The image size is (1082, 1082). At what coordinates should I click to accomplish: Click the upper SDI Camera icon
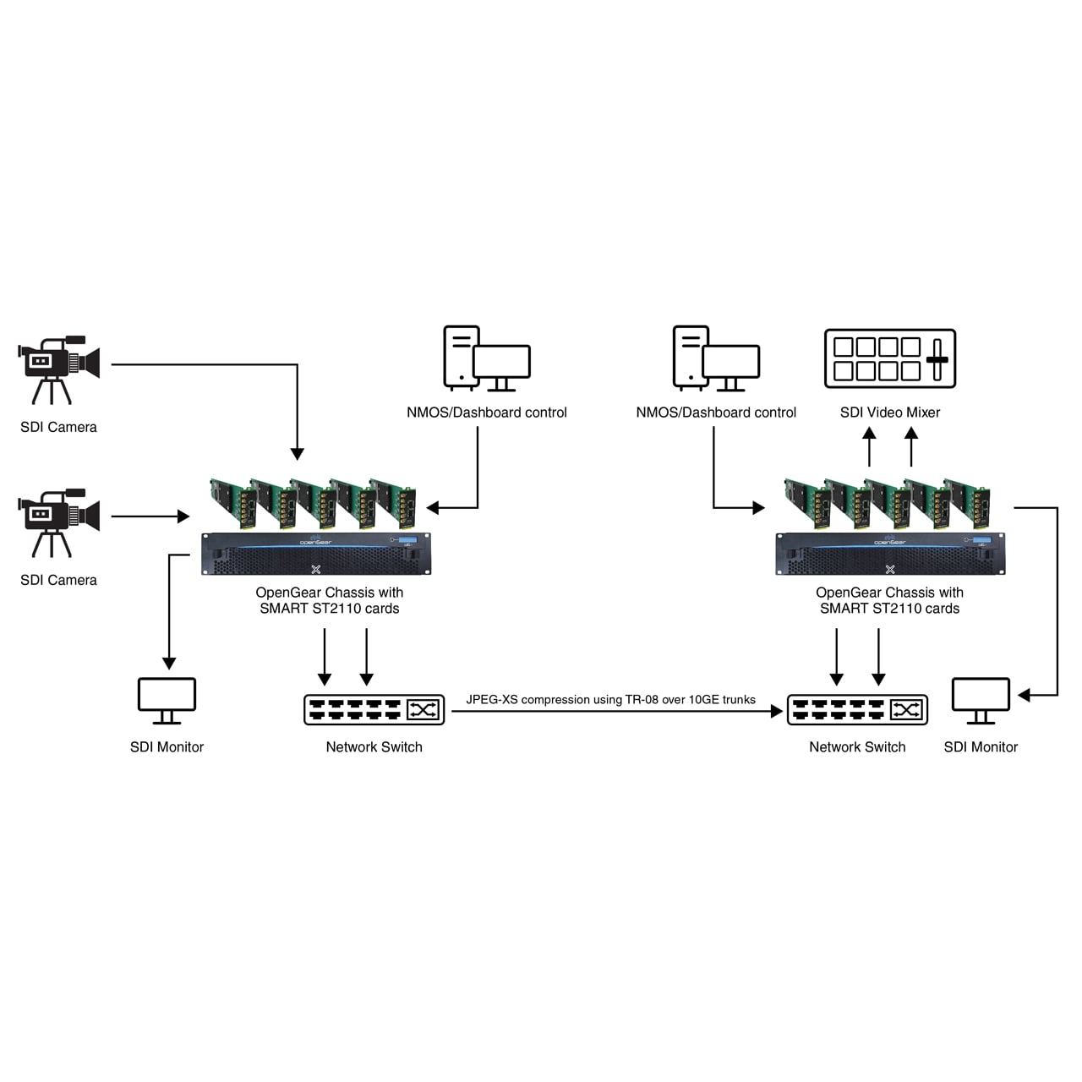click(x=58, y=369)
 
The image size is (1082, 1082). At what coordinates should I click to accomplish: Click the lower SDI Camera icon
click(x=58, y=521)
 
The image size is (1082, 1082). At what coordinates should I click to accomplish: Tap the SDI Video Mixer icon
click(x=889, y=358)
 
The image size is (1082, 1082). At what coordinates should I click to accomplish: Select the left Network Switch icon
click(x=374, y=710)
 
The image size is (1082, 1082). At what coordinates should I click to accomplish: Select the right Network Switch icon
click(x=857, y=710)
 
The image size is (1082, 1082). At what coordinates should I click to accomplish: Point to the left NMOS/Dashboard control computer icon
click(x=486, y=358)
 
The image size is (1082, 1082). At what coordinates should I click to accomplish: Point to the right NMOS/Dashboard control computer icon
click(x=716, y=358)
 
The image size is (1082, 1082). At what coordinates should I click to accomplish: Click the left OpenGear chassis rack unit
click(x=316, y=554)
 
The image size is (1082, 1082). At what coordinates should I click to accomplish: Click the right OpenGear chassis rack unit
click(x=890, y=554)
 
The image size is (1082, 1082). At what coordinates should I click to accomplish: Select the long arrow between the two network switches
click(x=617, y=712)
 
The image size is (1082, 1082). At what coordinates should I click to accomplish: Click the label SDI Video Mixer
click(x=889, y=413)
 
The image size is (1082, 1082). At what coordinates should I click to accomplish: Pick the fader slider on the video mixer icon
click(x=937, y=359)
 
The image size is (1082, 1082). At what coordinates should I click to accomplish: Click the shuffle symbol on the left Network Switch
click(x=424, y=710)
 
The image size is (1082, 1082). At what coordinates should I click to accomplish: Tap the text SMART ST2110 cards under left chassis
click(x=329, y=609)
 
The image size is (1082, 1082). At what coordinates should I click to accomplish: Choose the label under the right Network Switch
click(x=857, y=747)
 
